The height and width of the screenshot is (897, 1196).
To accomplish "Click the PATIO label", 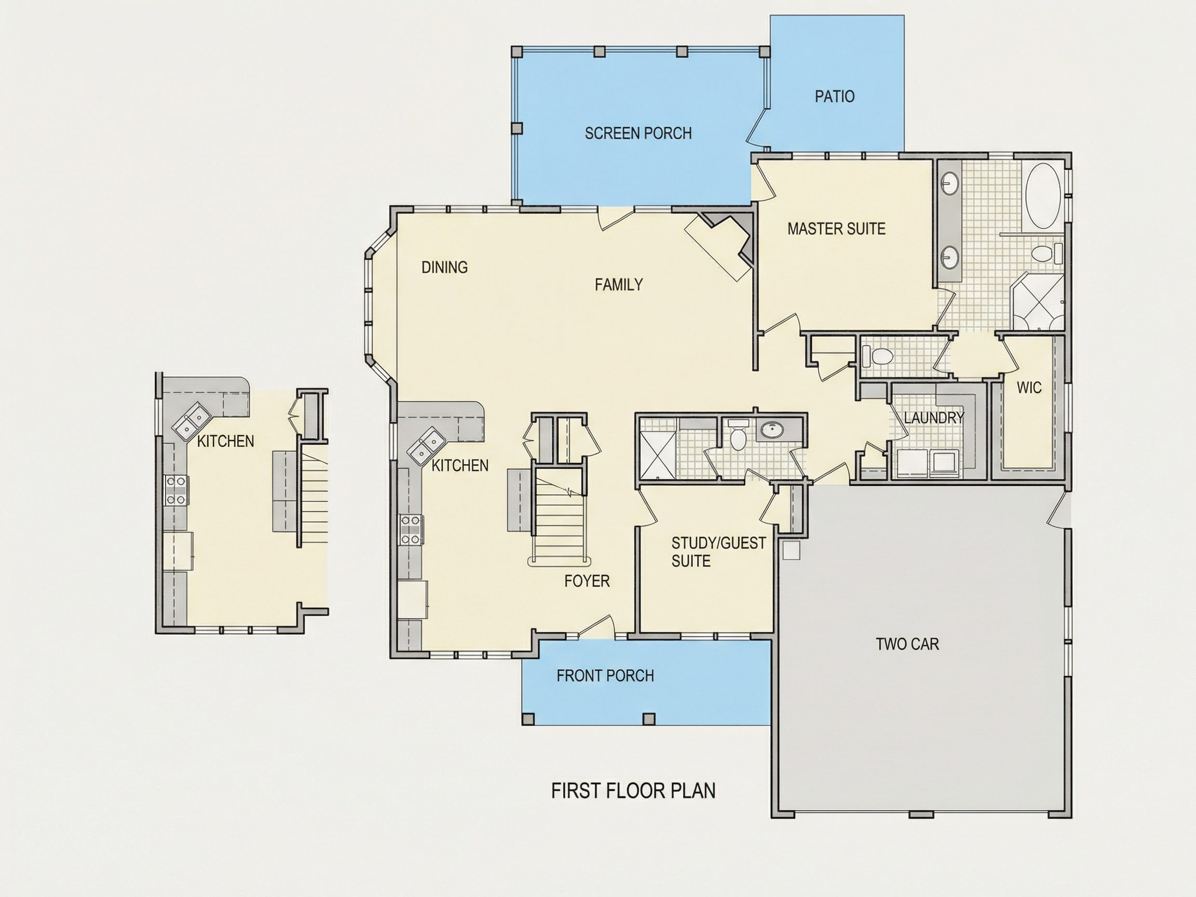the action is (x=835, y=97).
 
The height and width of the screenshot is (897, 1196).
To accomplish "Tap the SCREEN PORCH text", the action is (x=638, y=133).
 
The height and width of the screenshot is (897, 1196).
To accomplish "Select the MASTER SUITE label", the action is (x=836, y=229).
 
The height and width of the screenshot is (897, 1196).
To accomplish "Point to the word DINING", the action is (x=444, y=267).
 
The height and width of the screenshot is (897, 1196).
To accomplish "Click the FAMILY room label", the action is (x=619, y=284).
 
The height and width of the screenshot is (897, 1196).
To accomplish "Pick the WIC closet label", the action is (x=1029, y=388).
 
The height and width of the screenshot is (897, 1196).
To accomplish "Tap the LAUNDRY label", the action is (x=934, y=417).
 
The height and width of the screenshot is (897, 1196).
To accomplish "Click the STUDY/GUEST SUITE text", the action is (x=718, y=551).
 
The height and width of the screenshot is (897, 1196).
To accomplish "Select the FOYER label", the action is (x=587, y=581).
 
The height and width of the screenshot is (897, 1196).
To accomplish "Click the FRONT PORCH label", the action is (x=605, y=676).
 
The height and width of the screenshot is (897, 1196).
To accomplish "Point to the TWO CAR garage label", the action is (x=907, y=644).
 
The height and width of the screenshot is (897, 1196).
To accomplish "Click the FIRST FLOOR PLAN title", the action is (x=633, y=791).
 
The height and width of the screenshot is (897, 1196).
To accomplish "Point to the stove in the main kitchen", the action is (x=411, y=530).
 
